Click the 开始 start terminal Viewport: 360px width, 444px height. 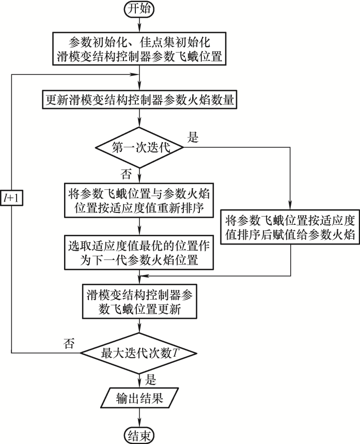click(139, 10)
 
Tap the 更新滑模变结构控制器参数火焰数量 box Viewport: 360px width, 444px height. click(139, 101)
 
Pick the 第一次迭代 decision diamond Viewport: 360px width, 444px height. click(139, 147)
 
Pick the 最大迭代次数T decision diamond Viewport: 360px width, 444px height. click(139, 353)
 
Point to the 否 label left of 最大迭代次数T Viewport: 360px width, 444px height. click(69, 343)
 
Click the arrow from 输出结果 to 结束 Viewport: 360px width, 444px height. click(139, 417)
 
